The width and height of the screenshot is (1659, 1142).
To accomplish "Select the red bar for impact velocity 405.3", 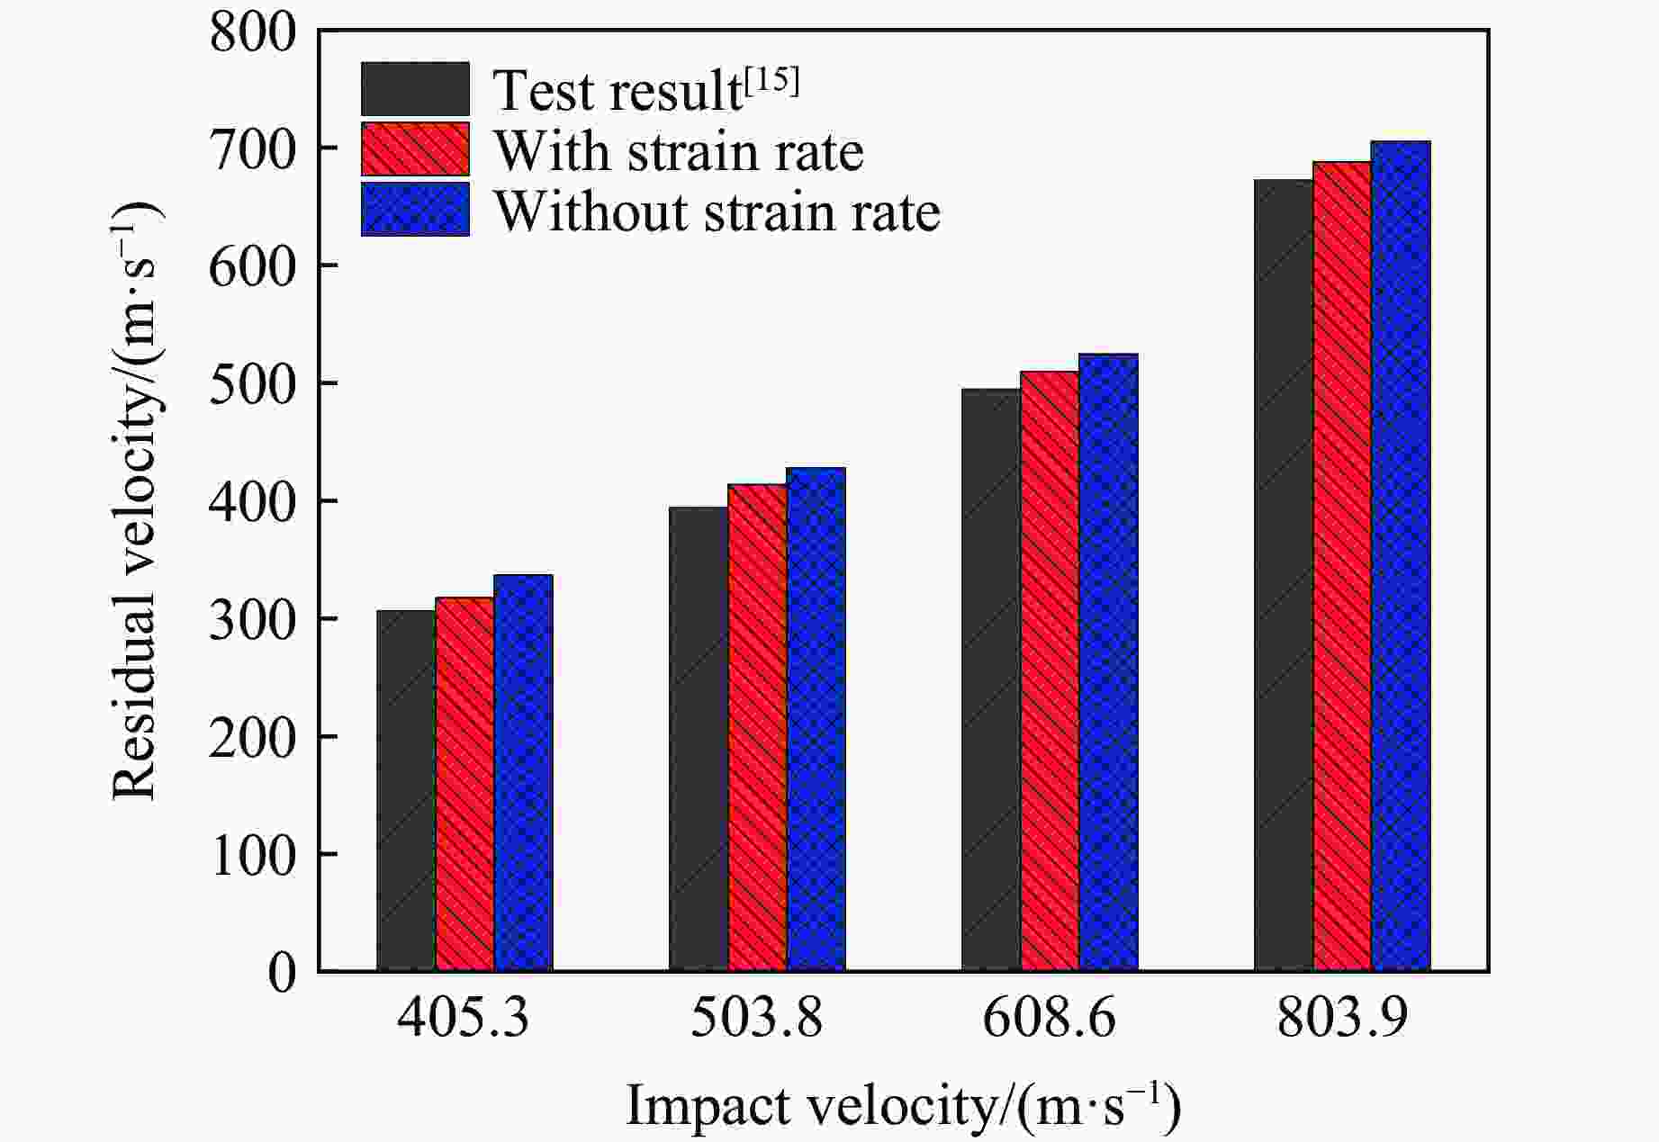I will click(x=464, y=784).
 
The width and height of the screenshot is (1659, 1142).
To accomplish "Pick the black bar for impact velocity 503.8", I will click(x=699, y=739).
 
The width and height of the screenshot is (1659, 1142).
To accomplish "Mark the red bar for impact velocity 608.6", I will click(x=1050, y=670).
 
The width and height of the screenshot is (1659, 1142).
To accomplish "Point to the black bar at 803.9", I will click(x=1284, y=575).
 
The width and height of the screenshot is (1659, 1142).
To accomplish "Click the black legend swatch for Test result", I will click(x=415, y=89).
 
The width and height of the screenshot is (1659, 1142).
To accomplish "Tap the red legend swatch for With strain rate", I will click(x=415, y=149).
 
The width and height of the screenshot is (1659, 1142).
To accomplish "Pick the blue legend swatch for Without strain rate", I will click(x=415, y=210).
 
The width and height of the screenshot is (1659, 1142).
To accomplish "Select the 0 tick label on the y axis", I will click(x=282, y=973).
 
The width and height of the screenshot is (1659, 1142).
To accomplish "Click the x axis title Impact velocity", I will click(x=903, y=1105).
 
